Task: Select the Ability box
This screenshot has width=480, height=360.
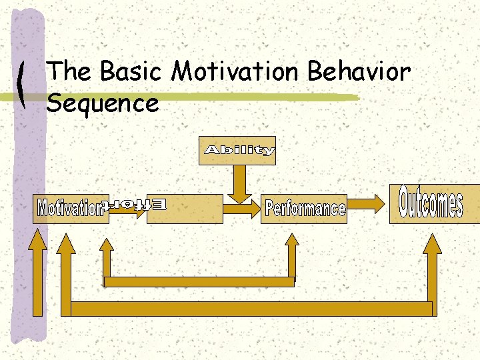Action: click(238, 151)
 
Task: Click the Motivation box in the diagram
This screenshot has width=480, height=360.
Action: click(70, 208)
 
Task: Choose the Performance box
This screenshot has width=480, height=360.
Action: click(305, 209)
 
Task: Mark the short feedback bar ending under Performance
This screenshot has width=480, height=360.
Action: click(199, 281)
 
